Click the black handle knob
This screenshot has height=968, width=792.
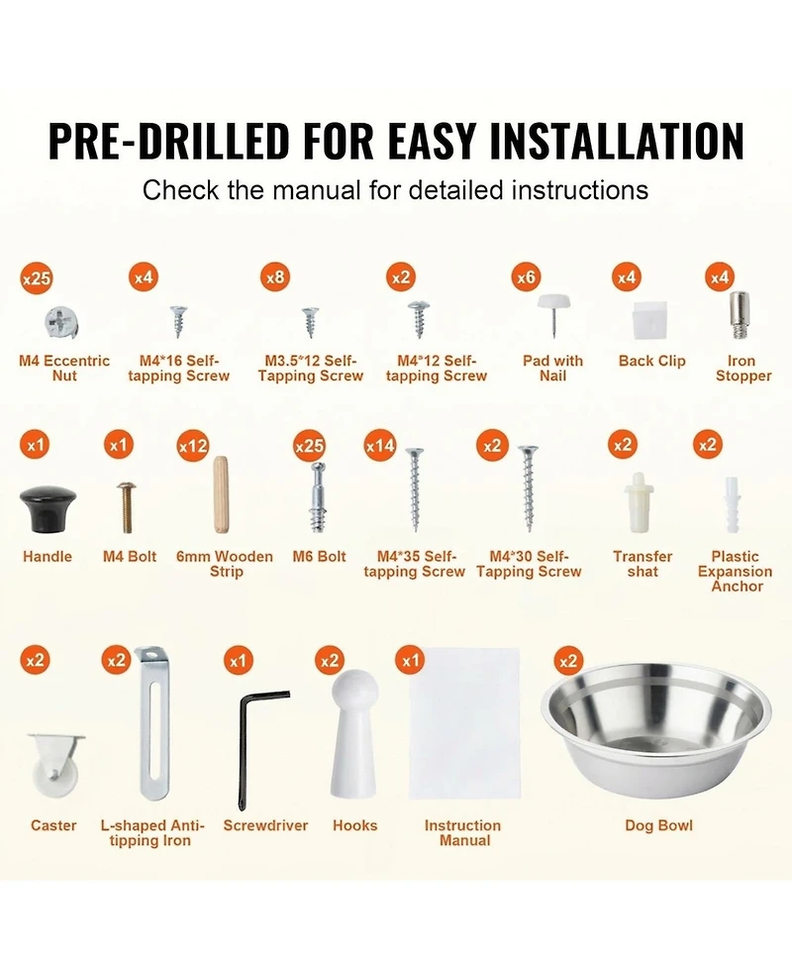click(x=49, y=508)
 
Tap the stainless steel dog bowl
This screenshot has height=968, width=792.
click(x=655, y=729)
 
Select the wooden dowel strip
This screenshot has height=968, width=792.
click(x=221, y=494)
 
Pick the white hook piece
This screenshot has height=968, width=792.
click(x=353, y=733)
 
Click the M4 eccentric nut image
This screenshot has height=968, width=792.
click(x=62, y=322)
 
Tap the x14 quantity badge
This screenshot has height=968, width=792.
click(x=380, y=446)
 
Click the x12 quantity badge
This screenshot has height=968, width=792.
click(x=193, y=446)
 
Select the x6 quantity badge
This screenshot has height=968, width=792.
click(x=526, y=277)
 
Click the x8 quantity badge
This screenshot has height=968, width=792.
click(x=275, y=277)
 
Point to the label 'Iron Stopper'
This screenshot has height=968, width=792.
click(x=742, y=368)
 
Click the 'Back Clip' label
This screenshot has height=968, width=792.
click(x=652, y=361)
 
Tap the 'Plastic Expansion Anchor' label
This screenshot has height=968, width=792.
click(x=736, y=571)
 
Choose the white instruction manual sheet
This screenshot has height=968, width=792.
click(x=465, y=723)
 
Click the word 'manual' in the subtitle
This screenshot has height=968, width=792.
click(x=317, y=190)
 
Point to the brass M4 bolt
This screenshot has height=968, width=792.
click(x=127, y=507)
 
